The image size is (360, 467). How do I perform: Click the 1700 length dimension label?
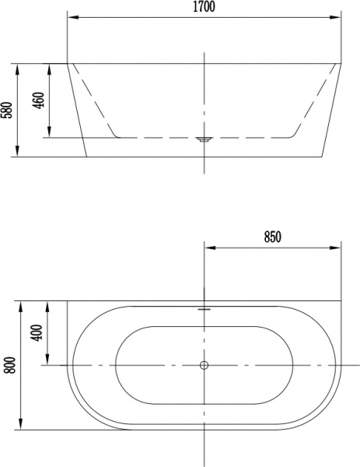coord(204,6)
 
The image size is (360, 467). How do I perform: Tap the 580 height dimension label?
coord(7,110)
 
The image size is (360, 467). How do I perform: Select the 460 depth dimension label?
coord(40,100)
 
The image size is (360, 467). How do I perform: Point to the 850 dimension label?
coord(272,237)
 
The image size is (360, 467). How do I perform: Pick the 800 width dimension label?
coord(10,365)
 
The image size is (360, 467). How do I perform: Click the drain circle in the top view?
coord(204,365)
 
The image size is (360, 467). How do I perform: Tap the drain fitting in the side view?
coord(204,139)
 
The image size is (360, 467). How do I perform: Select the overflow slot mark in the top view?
coord(204,310)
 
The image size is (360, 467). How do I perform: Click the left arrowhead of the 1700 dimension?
coord(73,17)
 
